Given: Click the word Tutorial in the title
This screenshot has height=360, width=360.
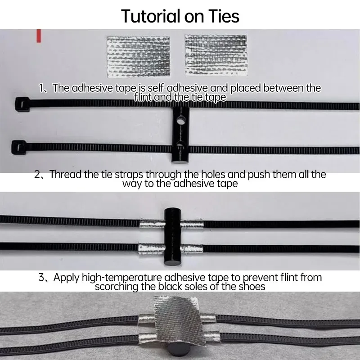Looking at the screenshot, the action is (x=150, y=16).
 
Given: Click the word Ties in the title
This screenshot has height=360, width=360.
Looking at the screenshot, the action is (x=223, y=16).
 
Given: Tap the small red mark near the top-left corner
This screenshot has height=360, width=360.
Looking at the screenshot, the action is (x=39, y=36).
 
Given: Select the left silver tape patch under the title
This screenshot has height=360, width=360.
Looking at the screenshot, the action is (x=139, y=56).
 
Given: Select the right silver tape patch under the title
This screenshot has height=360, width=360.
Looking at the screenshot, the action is (x=216, y=55).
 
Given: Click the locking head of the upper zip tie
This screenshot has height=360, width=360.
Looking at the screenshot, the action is (x=22, y=104).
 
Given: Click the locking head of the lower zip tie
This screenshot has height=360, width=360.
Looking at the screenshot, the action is (x=19, y=147).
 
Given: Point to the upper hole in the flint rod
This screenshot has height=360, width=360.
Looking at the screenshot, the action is (x=181, y=120).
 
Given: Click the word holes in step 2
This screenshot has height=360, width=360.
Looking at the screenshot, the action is (x=213, y=174).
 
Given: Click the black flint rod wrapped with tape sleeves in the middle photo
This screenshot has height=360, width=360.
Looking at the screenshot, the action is (x=172, y=237).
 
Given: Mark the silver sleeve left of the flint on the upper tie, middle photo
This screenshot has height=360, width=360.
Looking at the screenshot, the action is (x=152, y=224).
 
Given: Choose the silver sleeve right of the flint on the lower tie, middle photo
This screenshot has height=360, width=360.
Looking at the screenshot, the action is (x=192, y=249).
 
